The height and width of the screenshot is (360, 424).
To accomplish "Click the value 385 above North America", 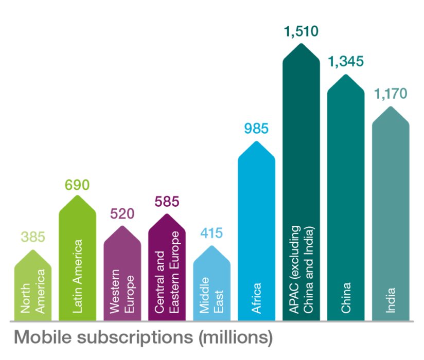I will point(33,237).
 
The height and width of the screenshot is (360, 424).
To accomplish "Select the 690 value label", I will point(77,185).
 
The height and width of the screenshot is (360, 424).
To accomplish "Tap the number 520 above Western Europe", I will point(122,213).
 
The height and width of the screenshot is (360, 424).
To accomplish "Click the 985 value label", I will point(256,129).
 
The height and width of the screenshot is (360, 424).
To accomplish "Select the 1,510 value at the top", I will point(301,31).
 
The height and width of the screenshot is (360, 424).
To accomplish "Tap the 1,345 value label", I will point(346,62).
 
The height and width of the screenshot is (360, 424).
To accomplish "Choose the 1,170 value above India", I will point(391,94).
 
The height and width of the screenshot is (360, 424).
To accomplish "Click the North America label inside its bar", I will point(33,291).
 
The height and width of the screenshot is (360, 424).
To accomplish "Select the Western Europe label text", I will point(122,291).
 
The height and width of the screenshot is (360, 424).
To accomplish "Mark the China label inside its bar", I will point(346,298).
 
